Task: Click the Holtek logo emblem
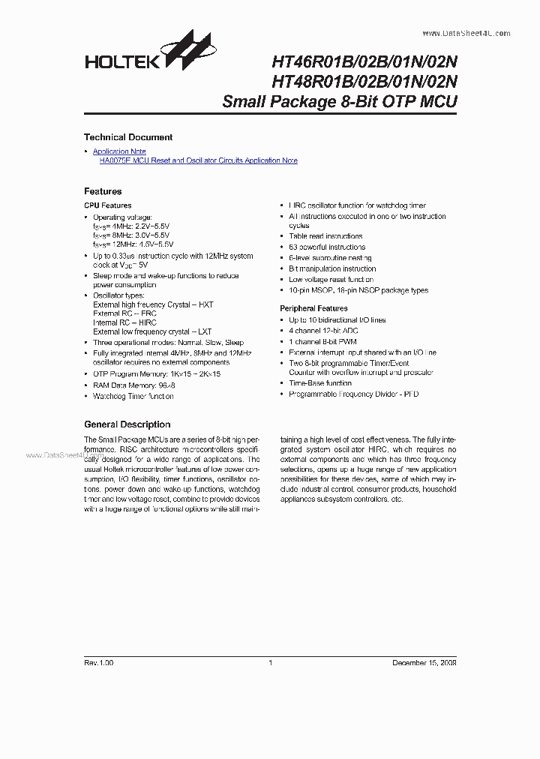click(184, 52)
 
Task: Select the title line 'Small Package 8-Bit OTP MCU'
click(339, 102)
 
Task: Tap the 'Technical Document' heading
click(128, 137)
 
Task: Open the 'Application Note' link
click(119, 151)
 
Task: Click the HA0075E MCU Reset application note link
click(198, 160)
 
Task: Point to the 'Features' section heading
click(103, 191)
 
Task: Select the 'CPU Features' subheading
click(107, 205)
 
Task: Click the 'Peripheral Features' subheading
click(313, 308)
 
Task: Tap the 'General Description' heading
click(127, 424)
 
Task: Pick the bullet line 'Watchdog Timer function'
click(133, 396)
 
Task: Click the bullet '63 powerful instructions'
click(327, 247)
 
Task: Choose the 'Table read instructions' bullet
click(325, 236)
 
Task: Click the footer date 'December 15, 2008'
click(424, 663)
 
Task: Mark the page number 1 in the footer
click(270, 663)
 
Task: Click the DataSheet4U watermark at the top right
click(466, 33)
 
